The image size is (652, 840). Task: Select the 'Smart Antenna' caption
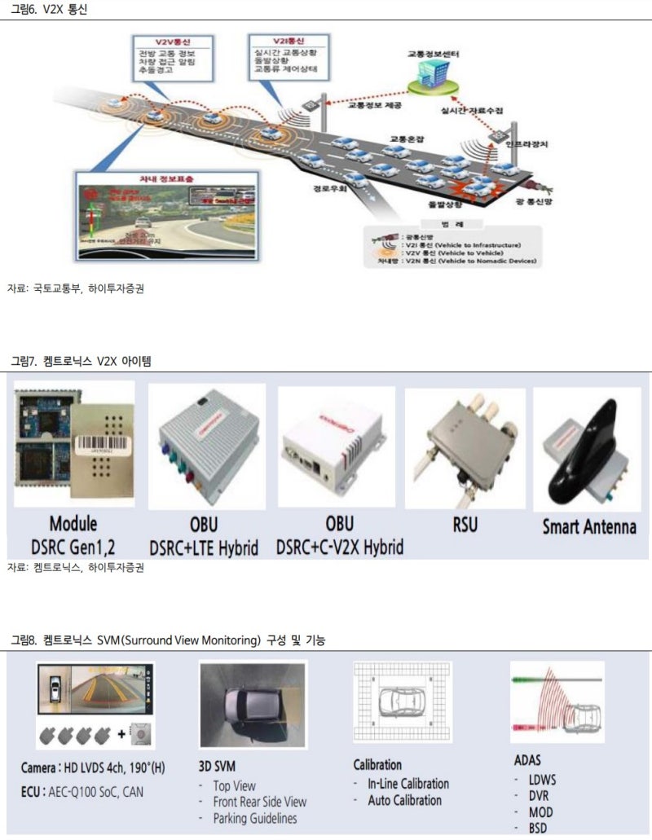[589, 526]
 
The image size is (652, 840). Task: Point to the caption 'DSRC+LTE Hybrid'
[204, 548]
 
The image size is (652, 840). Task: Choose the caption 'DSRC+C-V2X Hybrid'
[340, 548]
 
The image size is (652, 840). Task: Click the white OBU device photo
[336, 445]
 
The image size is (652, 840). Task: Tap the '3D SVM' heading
[218, 766]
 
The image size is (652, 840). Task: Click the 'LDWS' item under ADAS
[542, 780]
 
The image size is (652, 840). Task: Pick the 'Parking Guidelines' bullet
[255, 818]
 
